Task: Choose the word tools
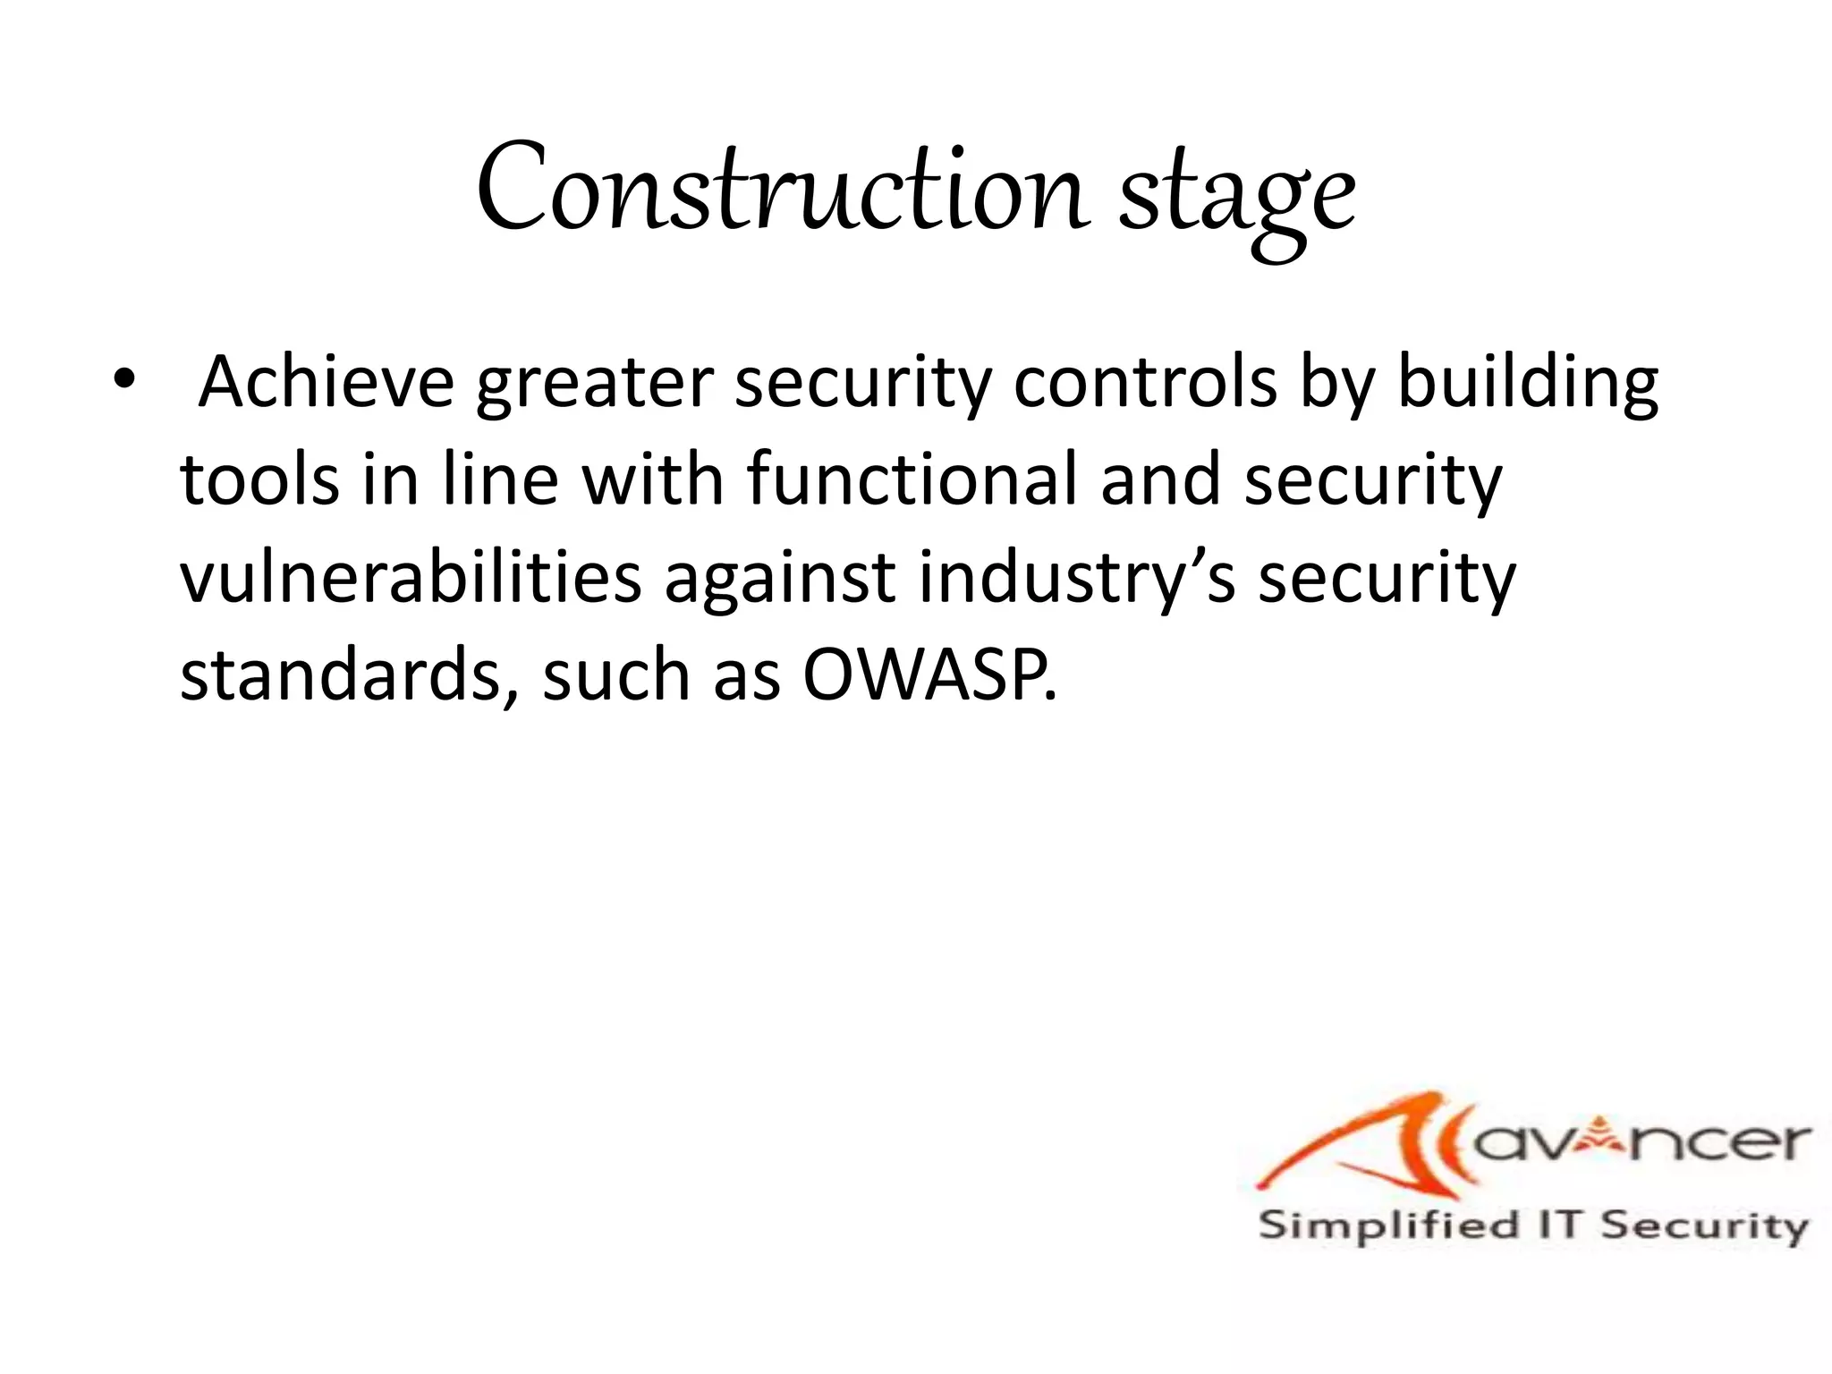click(259, 479)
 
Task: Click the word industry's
click(1077, 580)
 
